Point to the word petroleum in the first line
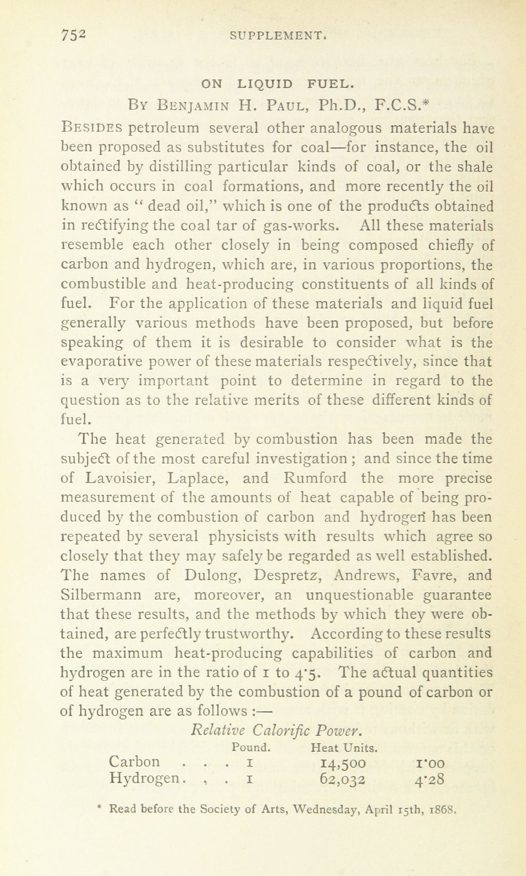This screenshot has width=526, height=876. pyautogui.click(x=164, y=128)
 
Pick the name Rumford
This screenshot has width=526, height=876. pyautogui.click(x=315, y=478)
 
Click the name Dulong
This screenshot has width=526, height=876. pyautogui.click(x=213, y=575)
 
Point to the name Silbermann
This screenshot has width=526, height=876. pyautogui.click(x=101, y=595)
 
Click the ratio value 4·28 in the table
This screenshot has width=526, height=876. pyautogui.click(x=429, y=780)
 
